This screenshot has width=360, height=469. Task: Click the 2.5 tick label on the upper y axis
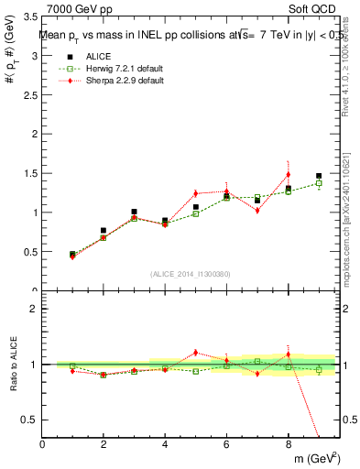[x=29, y=95]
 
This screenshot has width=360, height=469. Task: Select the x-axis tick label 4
[x=165, y=444]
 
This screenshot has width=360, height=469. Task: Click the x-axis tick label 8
[x=288, y=444]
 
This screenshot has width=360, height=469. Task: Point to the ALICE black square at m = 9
[x=319, y=176]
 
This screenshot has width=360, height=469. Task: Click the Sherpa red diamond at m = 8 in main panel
[x=288, y=174]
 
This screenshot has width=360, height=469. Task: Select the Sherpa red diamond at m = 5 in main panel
[x=196, y=193]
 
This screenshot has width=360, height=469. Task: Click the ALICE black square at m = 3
[x=134, y=212]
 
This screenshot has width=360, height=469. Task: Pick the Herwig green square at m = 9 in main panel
[x=319, y=183]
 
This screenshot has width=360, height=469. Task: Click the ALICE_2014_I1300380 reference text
[x=190, y=274]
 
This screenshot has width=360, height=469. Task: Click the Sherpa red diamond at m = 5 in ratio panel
[x=196, y=352]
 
